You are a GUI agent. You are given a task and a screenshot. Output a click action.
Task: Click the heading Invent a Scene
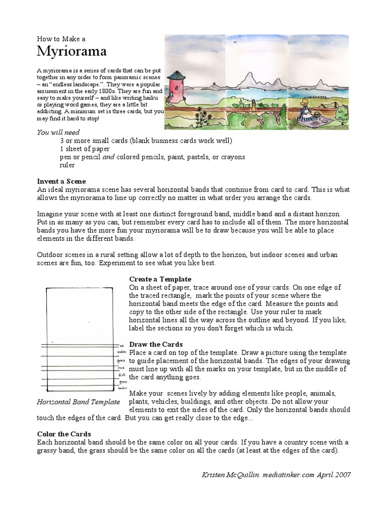pyautogui.click(x=61, y=181)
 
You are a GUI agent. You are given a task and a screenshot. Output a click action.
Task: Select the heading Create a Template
pyautogui.click(x=160, y=279)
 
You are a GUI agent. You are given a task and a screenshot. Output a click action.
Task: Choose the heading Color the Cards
pyautogui.click(x=64, y=434)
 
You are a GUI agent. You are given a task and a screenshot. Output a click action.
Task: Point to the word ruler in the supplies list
pyautogui.click(x=67, y=165)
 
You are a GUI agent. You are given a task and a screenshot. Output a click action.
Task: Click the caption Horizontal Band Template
pyautogui.click(x=79, y=402)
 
